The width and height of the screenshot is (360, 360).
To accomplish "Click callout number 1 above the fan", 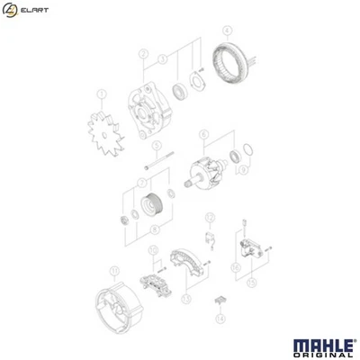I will tap(102, 91).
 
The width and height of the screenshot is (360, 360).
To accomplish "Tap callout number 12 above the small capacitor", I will tap(209, 216).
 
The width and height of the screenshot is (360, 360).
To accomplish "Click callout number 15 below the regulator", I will tap(251, 282).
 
